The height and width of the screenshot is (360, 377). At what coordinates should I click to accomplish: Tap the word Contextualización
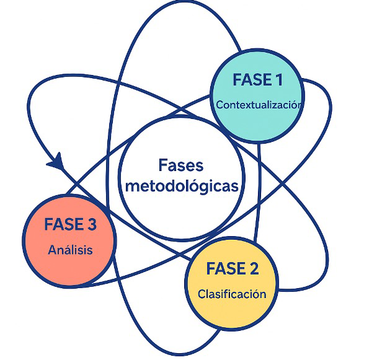[x=259, y=105]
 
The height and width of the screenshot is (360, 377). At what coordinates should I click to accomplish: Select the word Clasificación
[x=232, y=294]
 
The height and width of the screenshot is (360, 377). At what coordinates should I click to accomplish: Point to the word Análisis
[x=70, y=250]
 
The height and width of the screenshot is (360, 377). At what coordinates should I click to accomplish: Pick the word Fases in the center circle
[x=181, y=165]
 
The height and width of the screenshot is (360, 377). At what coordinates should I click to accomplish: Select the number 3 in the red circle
[x=92, y=225]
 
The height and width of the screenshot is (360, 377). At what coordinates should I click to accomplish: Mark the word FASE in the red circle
[x=63, y=225]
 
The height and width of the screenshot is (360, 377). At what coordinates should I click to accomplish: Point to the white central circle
[x=181, y=143]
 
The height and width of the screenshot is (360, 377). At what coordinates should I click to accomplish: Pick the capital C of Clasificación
[x=202, y=294]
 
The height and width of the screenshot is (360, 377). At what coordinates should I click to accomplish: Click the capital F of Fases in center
[x=163, y=165]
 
